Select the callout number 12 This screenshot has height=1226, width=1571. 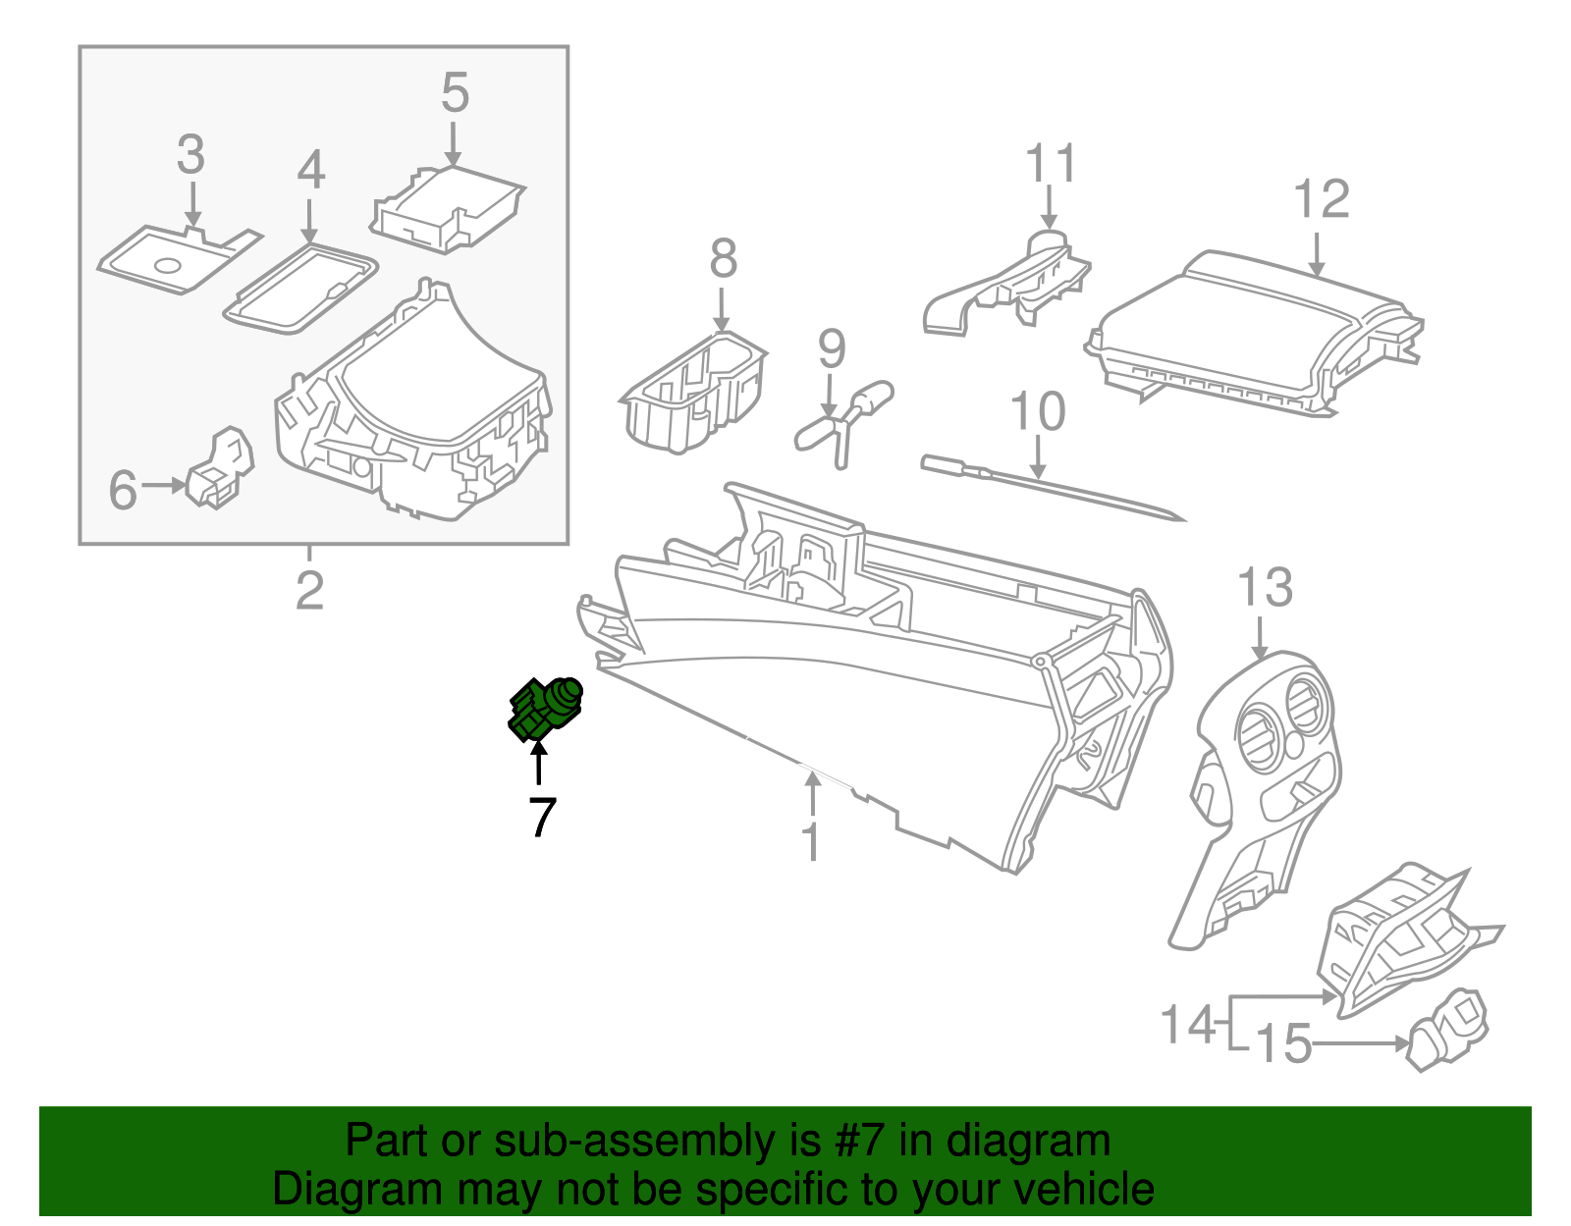coord(1322,200)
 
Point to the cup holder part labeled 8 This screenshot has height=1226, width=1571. coord(694,393)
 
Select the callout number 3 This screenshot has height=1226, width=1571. coord(191,155)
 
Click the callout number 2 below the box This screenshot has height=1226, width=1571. coord(309,589)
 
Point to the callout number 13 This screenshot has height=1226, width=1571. coord(1265,588)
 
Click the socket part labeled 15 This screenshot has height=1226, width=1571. coord(1448,1031)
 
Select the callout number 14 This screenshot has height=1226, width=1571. coord(1188,1025)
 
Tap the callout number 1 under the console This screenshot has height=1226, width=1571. coord(811,842)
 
